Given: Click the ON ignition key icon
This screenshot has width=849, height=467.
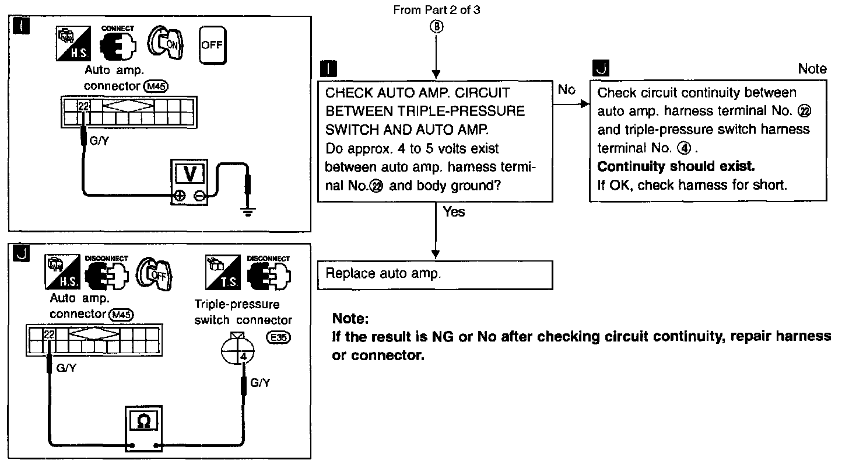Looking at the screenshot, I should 165,43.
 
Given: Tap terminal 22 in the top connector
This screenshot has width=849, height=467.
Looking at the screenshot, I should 83,106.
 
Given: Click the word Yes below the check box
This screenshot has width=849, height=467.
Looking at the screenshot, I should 454,212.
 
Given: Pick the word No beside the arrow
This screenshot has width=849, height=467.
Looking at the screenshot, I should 566,90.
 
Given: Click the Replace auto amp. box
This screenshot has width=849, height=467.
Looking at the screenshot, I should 434,275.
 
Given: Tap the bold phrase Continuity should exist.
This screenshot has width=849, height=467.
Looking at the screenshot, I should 676,166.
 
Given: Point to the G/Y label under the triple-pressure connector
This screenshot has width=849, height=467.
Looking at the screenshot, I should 260,383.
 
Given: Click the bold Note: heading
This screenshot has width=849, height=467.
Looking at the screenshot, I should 350,319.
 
